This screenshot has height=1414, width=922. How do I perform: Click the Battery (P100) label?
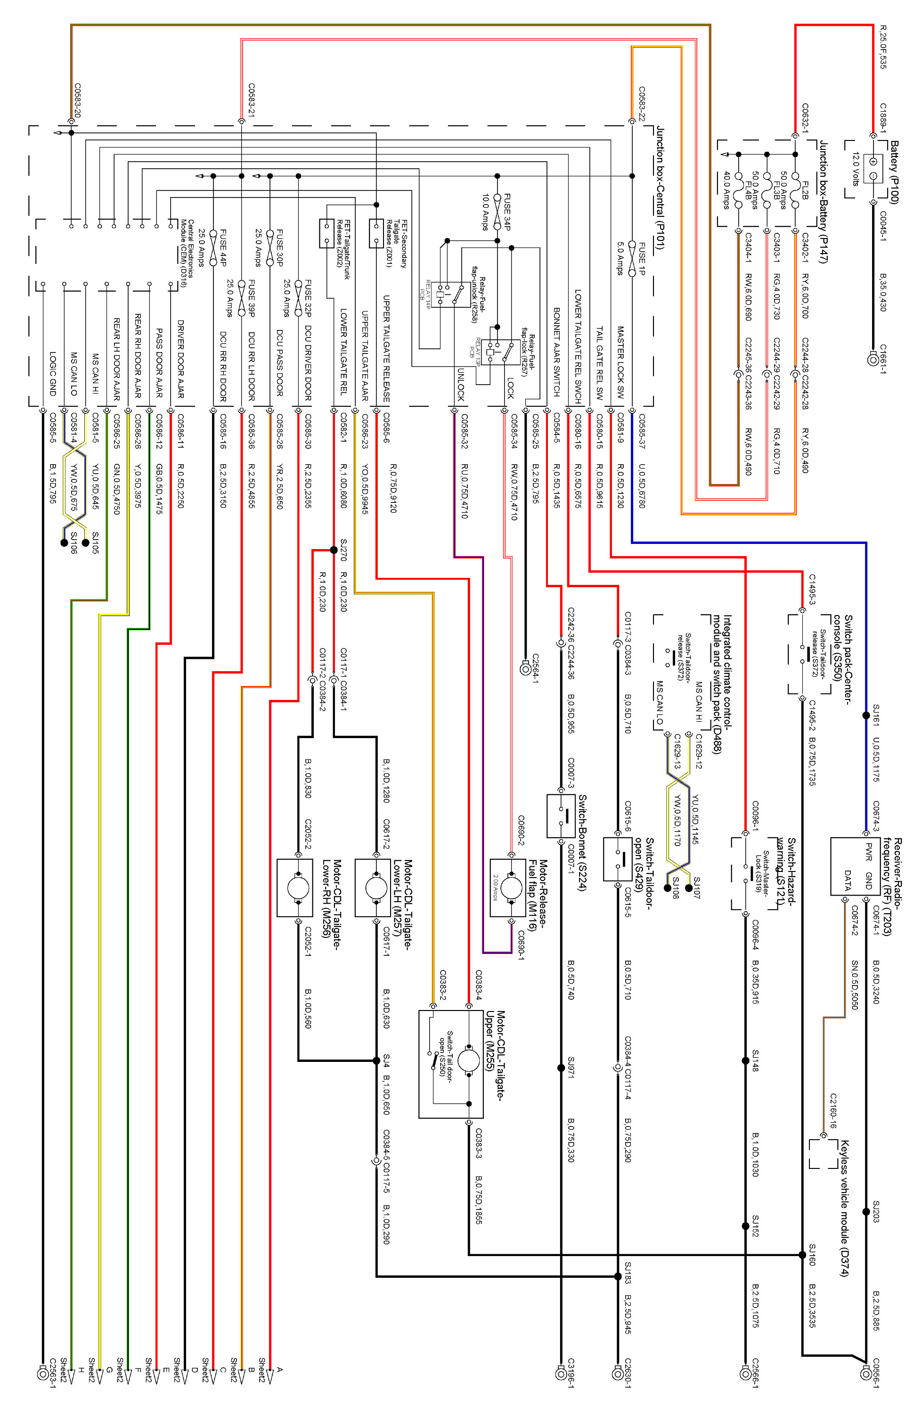point(895,173)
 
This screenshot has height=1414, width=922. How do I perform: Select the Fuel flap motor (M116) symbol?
point(511,888)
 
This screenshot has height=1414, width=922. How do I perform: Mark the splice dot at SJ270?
point(334,550)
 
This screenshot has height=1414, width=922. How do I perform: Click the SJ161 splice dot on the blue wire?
point(866,715)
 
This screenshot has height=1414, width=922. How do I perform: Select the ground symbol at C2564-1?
point(525,668)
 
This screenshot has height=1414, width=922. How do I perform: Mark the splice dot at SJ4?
point(376,1060)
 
